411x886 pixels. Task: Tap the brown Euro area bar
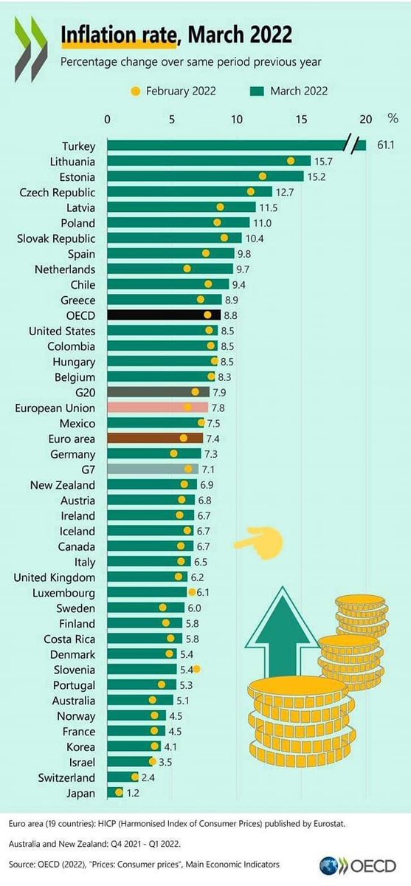point(154,439)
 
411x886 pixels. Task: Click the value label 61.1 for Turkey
point(385,146)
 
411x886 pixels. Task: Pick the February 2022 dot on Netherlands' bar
point(187,269)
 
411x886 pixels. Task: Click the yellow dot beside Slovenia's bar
point(198,669)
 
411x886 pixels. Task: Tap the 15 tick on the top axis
point(301,119)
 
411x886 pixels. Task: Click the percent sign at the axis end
point(393,119)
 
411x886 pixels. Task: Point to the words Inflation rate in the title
point(118,34)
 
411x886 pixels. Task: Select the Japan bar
point(114,793)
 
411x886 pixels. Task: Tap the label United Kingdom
point(55,577)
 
